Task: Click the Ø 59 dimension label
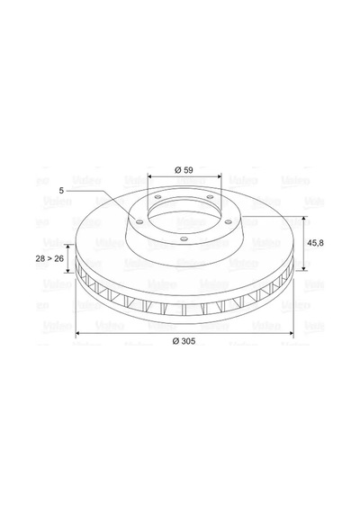tap(184, 170)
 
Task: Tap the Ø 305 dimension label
tap(184, 341)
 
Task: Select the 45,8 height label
tap(316, 243)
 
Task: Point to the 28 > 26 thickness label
tap(49, 258)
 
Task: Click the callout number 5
tap(61, 190)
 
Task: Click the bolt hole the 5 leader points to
tap(139, 222)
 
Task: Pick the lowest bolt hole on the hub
tap(184, 238)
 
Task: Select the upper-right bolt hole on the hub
tap(210, 197)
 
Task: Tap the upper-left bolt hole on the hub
tap(157, 197)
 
